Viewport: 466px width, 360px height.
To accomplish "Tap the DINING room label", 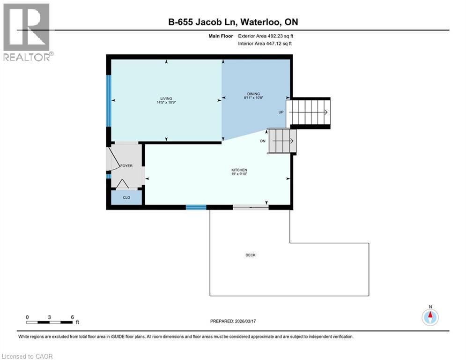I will click(x=253, y=94).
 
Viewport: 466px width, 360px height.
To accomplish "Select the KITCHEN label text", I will click(x=239, y=170).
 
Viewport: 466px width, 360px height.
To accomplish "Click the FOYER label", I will click(x=126, y=166).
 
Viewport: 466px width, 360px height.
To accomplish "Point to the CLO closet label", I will click(x=126, y=198).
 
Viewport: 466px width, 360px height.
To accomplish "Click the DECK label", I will click(x=251, y=255).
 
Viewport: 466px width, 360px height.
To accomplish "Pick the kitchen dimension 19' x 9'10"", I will click(x=239, y=174).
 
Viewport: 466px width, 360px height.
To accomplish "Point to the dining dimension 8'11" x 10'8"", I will click(x=253, y=98).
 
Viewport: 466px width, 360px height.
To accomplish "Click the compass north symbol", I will click(x=430, y=316).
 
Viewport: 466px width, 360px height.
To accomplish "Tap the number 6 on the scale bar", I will click(x=72, y=317).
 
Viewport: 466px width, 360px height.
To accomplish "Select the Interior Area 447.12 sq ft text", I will click(x=264, y=43).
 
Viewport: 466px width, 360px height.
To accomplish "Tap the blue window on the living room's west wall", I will click(x=109, y=101).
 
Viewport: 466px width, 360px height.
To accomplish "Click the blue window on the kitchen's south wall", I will click(x=196, y=207).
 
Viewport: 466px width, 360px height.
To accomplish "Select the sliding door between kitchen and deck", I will click(x=251, y=207).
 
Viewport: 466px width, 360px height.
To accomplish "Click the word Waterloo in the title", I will click(x=257, y=22).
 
